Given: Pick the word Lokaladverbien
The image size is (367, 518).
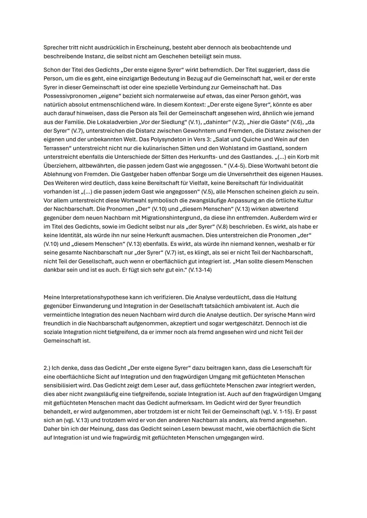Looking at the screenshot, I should coord(107,122).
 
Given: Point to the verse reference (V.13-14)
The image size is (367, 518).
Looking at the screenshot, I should coord(200,270).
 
